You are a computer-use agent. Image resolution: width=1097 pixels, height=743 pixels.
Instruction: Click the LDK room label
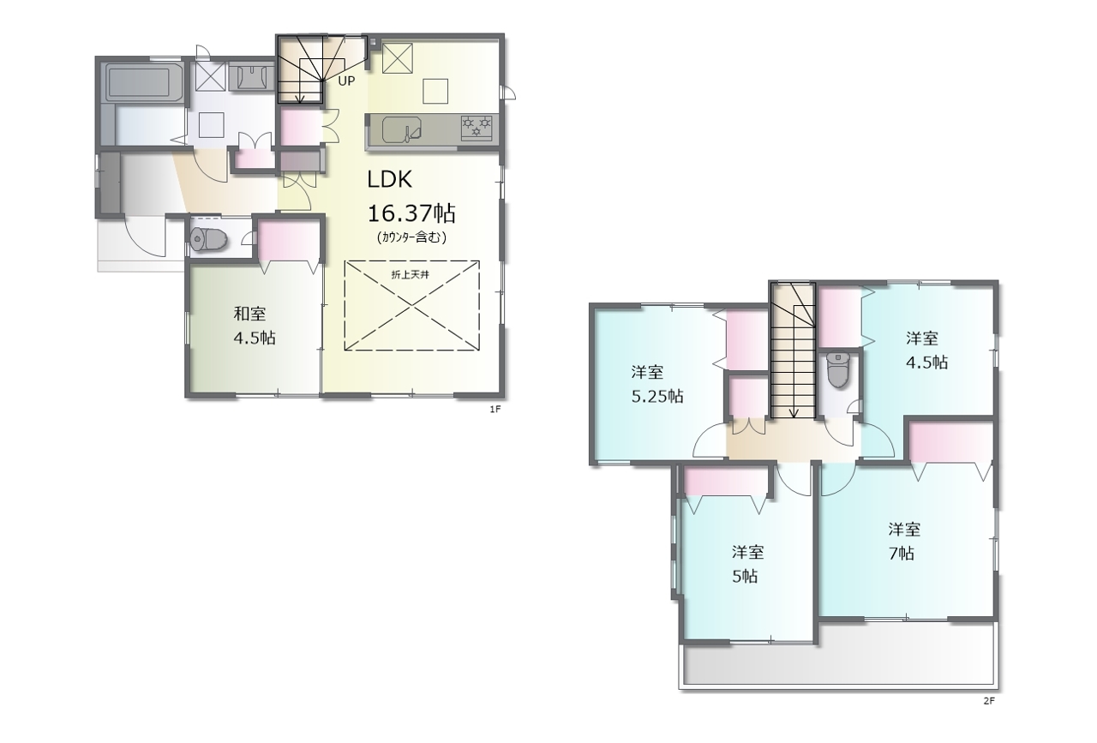click(x=389, y=180)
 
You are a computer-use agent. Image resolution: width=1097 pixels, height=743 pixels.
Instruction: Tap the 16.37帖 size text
click(x=411, y=213)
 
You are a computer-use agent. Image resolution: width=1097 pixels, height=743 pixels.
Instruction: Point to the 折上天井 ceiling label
click(x=411, y=275)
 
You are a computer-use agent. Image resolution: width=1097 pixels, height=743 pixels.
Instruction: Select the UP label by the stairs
click(x=346, y=81)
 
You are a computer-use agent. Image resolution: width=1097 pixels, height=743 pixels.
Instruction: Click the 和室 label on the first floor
click(x=249, y=314)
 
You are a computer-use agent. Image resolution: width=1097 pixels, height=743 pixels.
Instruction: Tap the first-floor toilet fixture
click(x=208, y=239)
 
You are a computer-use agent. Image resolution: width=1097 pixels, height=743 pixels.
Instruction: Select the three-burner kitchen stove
click(x=477, y=128)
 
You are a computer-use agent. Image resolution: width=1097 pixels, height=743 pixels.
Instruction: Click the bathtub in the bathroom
click(x=140, y=82)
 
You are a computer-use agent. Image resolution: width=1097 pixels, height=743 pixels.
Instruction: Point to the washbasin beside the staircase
click(x=252, y=77)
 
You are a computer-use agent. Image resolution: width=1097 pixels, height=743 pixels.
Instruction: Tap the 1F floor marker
click(x=495, y=409)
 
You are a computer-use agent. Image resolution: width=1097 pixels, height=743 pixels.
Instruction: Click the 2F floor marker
click(x=989, y=701)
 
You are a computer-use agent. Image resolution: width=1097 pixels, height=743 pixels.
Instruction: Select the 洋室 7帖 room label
click(x=903, y=542)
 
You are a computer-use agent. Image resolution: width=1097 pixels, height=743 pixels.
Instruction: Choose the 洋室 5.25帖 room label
click(x=657, y=384)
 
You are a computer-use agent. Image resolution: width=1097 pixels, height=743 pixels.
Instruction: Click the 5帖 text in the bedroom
click(x=745, y=577)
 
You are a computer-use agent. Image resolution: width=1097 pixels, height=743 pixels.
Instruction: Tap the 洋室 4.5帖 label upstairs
click(x=926, y=351)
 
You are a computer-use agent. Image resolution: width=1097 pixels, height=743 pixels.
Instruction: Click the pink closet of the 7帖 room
click(x=951, y=441)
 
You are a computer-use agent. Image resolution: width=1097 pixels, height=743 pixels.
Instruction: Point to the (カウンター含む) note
click(x=411, y=237)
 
